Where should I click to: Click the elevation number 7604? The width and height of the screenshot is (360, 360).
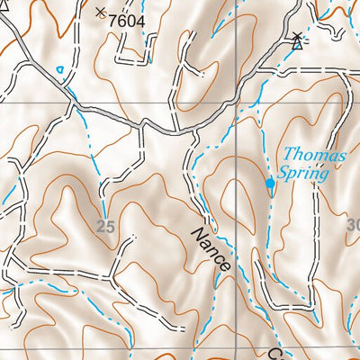(125, 18)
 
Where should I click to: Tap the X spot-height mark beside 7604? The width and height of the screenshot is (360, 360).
(99, 12)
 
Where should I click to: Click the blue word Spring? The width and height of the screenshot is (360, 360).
(304, 174)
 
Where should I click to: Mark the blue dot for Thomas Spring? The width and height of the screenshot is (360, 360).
(270, 184)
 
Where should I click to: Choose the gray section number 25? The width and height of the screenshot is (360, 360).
(105, 228)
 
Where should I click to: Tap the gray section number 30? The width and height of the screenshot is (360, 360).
(352, 224)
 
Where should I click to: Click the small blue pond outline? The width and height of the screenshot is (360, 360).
(60, 69)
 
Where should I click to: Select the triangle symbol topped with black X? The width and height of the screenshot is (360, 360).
(298, 40)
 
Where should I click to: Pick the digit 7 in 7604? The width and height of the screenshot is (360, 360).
(112, 18)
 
